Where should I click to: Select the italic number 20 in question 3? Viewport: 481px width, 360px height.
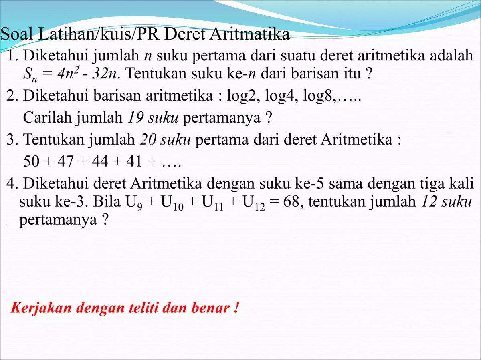[148, 140]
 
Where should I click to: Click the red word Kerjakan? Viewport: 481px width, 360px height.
[41, 308]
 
